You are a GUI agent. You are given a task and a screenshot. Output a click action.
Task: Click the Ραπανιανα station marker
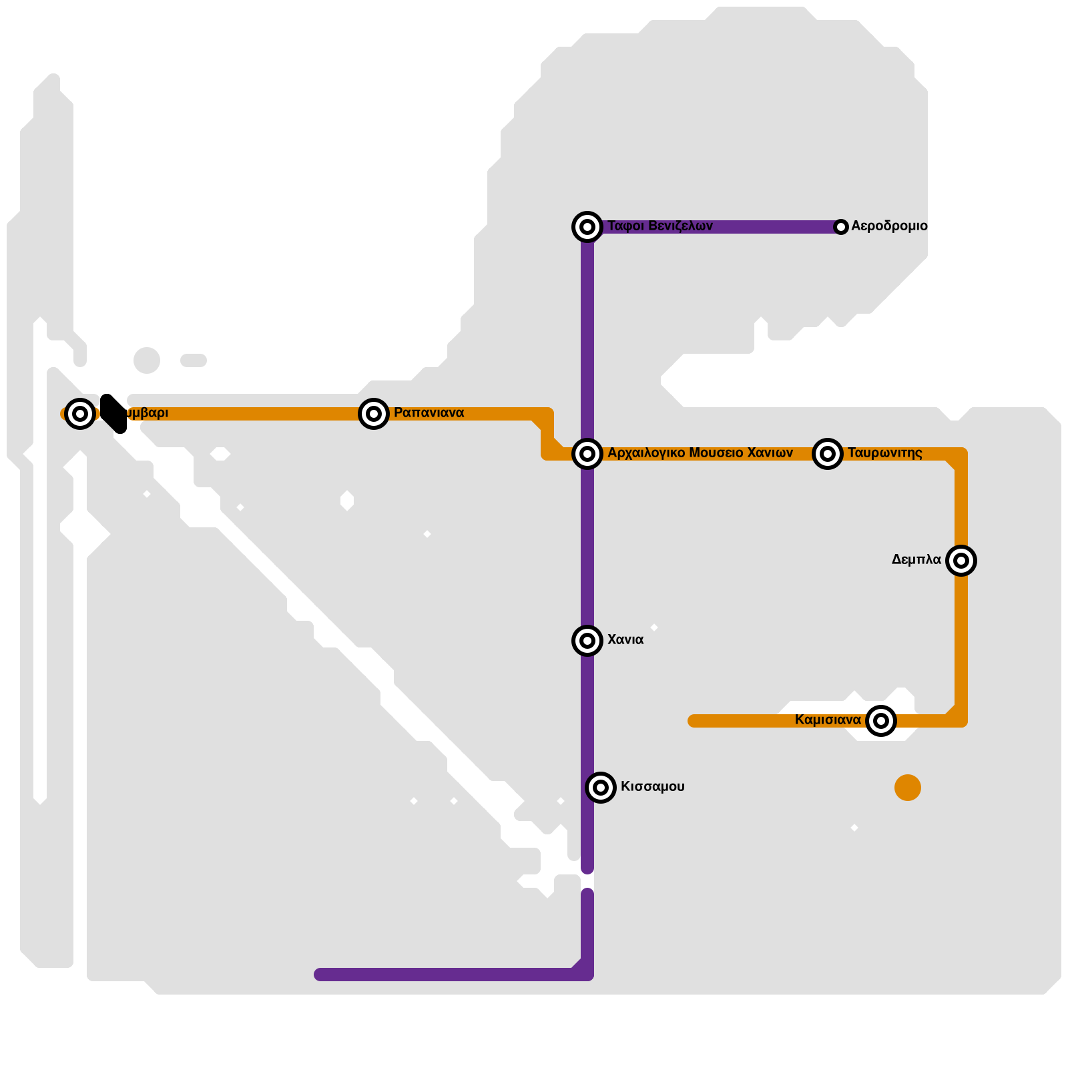pyautogui.click(x=374, y=414)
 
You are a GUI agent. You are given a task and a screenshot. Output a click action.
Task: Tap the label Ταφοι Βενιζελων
pyautogui.click(x=659, y=226)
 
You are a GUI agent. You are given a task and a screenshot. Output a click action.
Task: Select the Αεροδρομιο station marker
pyautogui.click(x=841, y=227)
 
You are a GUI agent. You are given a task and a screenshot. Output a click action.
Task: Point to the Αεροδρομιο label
pyautogui.click(x=889, y=226)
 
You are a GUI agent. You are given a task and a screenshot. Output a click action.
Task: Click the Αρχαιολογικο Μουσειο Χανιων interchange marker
pyautogui.click(x=587, y=454)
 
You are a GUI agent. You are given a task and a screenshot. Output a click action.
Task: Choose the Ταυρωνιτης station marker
pyautogui.click(x=828, y=454)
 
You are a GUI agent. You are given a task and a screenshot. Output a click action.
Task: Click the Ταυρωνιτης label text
pyautogui.click(x=884, y=453)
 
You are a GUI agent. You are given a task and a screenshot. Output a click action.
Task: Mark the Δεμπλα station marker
pyautogui.click(x=961, y=561)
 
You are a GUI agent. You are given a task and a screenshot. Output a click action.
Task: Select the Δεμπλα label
pyautogui.click(x=916, y=560)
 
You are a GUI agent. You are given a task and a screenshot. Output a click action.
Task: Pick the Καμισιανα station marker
pyautogui.click(x=881, y=721)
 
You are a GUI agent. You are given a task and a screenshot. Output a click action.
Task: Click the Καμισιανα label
pyautogui.click(x=828, y=720)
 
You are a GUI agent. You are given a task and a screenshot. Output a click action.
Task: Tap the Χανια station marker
pyautogui.click(x=587, y=641)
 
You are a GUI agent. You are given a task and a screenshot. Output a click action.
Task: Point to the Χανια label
pyautogui.click(x=625, y=640)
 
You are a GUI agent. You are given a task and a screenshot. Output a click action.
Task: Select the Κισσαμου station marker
pyautogui.click(x=601, y=788)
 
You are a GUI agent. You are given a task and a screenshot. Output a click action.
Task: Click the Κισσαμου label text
pyautogui.click(x=652, y=787)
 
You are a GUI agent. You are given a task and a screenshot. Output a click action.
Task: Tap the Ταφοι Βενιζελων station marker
pyautogui.click(x=587, y=227)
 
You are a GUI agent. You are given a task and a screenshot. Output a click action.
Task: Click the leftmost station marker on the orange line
pyautogui.click(x=80, y=414)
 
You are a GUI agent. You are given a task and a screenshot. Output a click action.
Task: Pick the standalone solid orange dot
pyautogui.click(x=908, y=788)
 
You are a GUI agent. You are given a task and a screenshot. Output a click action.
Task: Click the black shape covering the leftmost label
pyautogui.click(x=113, y=413)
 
